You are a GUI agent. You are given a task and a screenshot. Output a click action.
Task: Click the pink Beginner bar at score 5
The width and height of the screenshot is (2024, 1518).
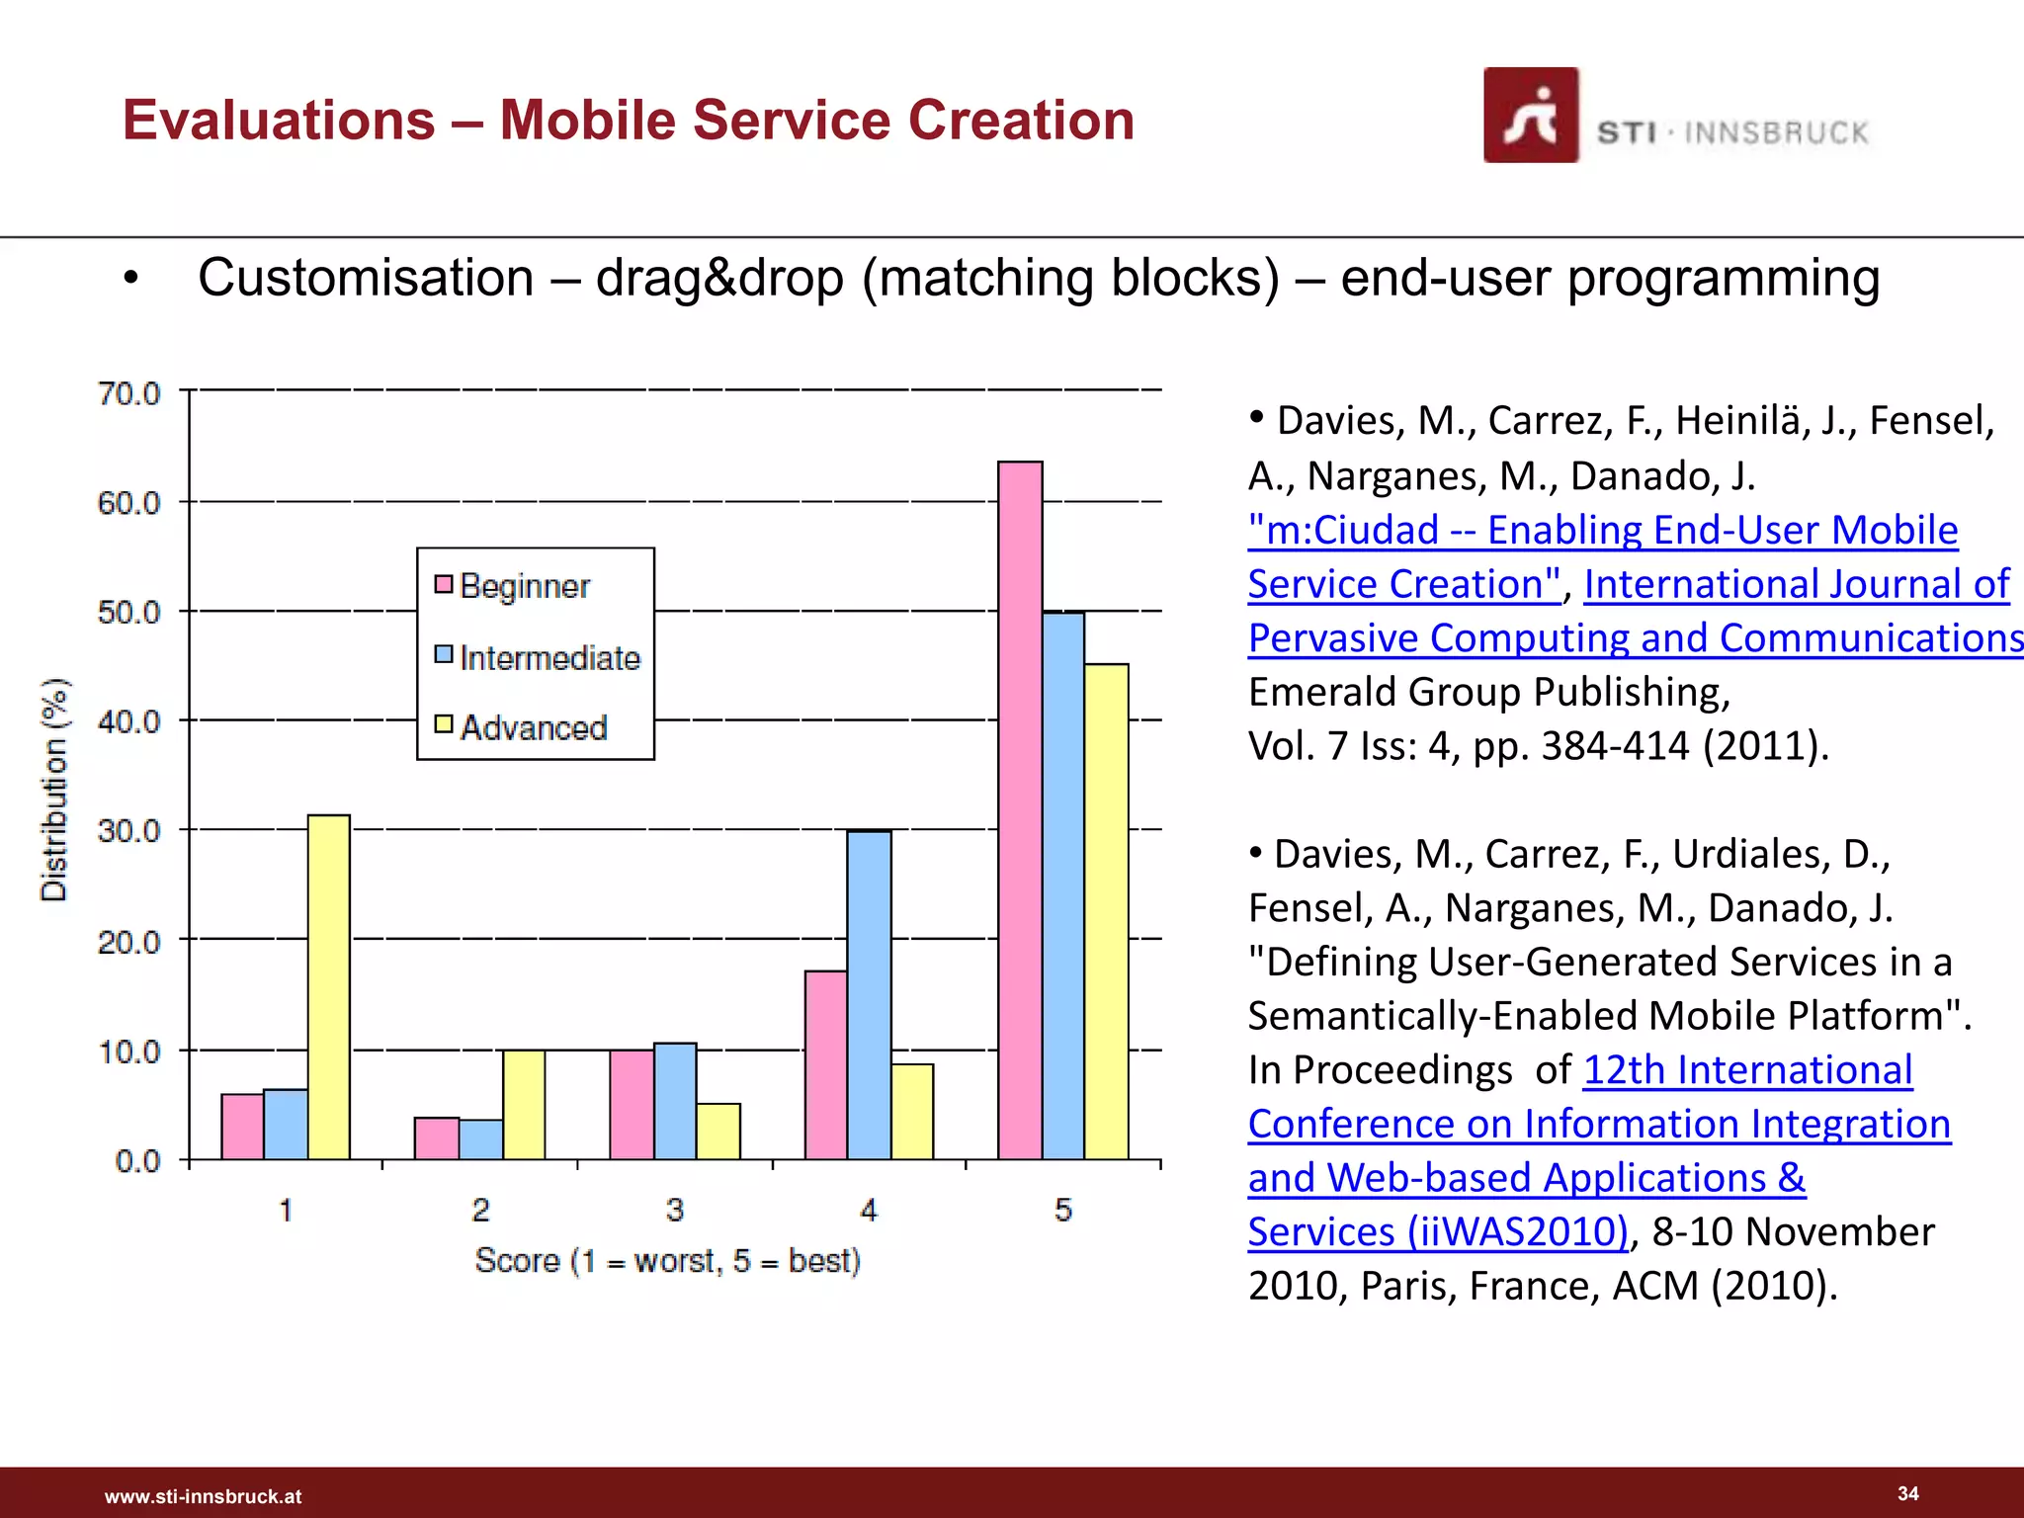(1020, 810)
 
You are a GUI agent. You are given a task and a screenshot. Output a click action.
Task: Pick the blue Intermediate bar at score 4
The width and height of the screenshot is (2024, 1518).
(869, 994)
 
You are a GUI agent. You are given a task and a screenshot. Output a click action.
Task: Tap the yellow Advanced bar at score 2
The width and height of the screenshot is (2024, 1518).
(524, 1104)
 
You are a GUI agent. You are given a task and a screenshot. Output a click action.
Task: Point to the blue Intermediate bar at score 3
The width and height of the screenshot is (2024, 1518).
(675, 1101)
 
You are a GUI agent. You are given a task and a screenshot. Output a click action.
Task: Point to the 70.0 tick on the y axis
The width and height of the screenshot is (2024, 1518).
(128, 393)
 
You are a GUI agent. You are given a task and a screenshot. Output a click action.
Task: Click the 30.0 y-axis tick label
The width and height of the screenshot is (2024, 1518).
(128, 831)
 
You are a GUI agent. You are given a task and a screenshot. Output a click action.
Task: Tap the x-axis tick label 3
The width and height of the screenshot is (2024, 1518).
(675, 1210)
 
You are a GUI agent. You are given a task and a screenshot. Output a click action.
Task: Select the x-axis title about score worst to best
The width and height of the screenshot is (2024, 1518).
(668, 1261)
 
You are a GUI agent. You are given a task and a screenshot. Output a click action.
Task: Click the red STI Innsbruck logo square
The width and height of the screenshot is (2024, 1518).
(1530, 116)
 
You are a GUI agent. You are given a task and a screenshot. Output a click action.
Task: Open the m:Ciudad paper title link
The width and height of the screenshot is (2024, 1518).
(1601, 531)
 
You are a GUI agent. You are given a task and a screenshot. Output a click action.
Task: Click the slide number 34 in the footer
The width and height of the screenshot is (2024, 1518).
(1907, 1493)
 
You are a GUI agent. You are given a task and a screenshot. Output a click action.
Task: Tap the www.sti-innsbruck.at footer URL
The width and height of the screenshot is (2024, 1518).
(204, 1496)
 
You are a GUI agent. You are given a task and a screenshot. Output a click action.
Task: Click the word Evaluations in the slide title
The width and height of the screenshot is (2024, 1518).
(279, 121)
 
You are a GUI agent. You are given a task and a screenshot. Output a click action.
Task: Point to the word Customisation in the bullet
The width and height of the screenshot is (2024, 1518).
(366, 278)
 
